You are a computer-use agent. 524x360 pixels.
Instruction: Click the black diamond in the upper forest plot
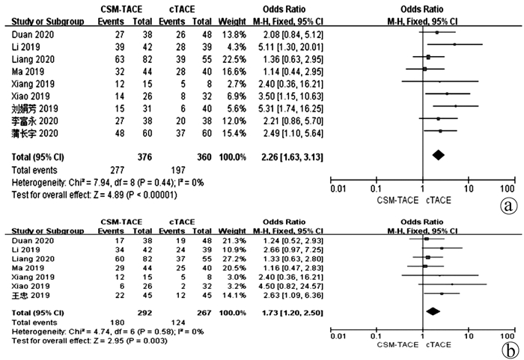pyautogui.click(x=438, y=155)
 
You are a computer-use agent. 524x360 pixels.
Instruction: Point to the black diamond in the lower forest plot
pyautogui.click(x=432, y=310)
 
